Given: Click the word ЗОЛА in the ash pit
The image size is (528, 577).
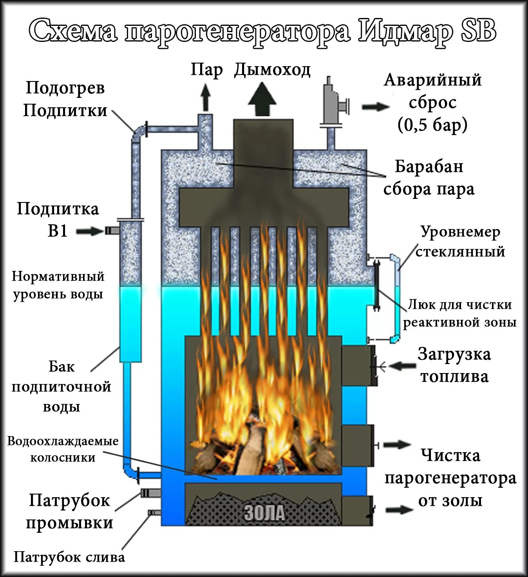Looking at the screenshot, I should pos(264,512).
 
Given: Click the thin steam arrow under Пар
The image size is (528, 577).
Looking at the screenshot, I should pos(205,98).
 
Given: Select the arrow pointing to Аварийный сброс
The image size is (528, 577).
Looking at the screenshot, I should pos(375,107).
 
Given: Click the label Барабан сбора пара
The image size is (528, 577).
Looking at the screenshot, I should pos(429,178).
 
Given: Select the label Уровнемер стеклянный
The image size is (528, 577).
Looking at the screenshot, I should pos(460,242).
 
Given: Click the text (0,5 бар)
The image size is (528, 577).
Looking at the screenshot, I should pos(432,125).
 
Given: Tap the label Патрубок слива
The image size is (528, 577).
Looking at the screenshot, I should pos(69,557).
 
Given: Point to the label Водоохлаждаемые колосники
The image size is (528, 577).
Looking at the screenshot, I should pos(63,449).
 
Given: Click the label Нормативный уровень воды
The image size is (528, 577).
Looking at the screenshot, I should pos(58,285).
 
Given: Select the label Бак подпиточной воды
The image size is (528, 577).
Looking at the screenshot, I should pos(61,387).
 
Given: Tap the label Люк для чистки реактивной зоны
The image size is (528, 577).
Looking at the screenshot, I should pos(459,313).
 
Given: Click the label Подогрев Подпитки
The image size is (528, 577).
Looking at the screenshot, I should pos(65,99).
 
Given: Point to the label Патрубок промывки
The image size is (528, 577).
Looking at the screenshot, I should pos(69,512).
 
